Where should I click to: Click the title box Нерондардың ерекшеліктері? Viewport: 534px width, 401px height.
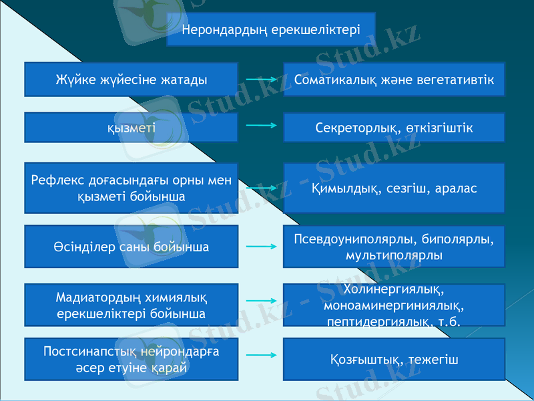[271, 29]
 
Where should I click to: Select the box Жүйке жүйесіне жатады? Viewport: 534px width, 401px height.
[131, 80]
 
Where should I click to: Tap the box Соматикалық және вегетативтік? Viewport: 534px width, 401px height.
[394, 80]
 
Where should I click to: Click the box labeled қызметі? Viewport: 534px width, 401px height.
[131, 128]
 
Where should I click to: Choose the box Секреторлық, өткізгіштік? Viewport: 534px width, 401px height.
[394, 128]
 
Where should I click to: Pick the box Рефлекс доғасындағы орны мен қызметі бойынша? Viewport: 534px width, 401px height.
[131, 188]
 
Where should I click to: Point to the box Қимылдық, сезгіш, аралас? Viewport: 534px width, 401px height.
[394, 188]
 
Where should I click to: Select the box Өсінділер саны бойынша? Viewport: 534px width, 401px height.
[131, 247]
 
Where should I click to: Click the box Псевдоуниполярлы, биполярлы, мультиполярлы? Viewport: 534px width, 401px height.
[394, 247]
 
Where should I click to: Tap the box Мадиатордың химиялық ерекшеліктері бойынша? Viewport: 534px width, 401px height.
[131, 305]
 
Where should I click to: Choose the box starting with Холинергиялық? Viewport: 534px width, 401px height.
[394, 305]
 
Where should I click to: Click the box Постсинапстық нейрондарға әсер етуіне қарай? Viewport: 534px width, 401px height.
[131, 359]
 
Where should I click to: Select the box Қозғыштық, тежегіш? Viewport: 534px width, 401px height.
[394, 360]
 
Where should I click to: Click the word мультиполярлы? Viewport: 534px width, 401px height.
[393, 255]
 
